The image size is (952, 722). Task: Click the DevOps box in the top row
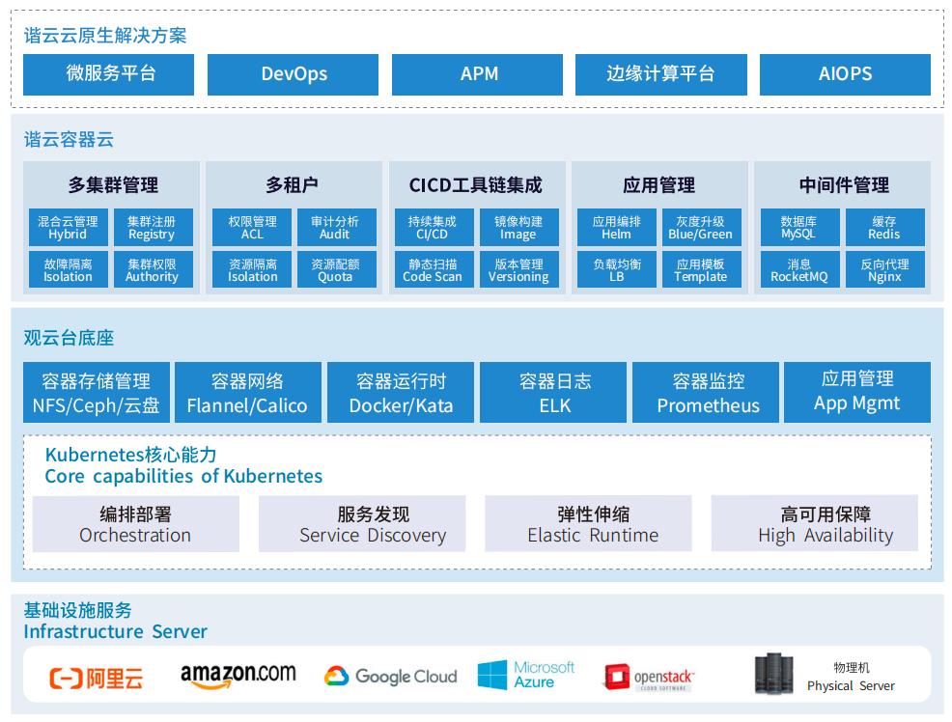click(294, 74)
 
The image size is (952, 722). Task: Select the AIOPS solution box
click(845, 74)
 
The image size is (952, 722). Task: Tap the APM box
click(477, 74)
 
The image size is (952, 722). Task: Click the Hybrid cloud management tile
click(68, 228)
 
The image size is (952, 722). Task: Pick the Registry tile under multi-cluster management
click(152, 228)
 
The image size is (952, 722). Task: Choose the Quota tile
click(335, 270)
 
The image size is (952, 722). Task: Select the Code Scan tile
click(432, 270)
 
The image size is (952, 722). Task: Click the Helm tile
click(616, 228)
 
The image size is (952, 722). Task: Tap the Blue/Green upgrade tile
click(700, 228)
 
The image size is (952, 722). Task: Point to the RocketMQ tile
click(798, 270)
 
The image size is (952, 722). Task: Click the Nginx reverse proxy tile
click(884, 270)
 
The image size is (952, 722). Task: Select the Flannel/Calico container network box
click(247, 393)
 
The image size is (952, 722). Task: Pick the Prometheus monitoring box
click(708, 393)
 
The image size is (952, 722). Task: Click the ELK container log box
click(555, 393)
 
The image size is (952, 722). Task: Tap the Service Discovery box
click(373, 524)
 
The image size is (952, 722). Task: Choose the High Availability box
click(826, 524)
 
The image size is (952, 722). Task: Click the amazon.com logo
click(238, 676)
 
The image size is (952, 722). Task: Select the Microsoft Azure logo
click(526, 675)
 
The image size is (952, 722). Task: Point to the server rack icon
click(772, 675)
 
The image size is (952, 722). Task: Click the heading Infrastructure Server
click(116, 632)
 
